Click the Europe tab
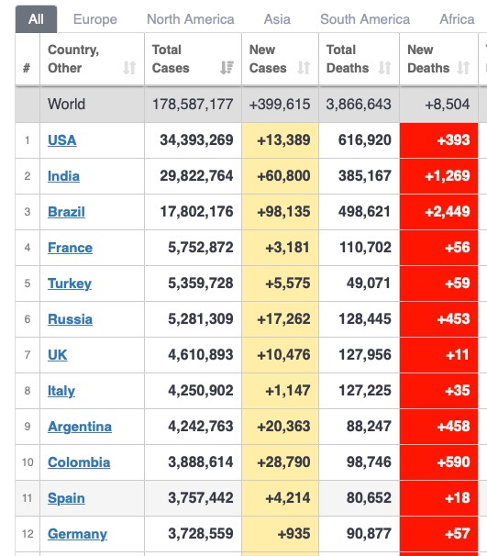(x=95, y=19)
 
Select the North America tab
(x=191, y=19)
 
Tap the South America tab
(x=365, y=19)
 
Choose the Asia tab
(x=277, y=19)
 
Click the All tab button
(x=36, y=19)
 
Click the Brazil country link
(x=66, y=212)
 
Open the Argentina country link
(x=80, y=427)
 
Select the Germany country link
(x=77, y=534)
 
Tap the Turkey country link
(x=70, y=284)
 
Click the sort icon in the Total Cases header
(x=227, y=67)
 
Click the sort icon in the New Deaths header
(x=463, y=67)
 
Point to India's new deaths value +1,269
(x=448, y=176)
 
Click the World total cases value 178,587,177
(x=193, y=105)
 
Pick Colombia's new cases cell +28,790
(x=283, y=462)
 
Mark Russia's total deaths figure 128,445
(x=365, y=318)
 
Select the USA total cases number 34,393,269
(x=196, y=140)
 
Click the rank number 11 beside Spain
(x=28, y=498)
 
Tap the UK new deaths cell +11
(x=458, y=354)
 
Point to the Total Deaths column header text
(x=348, y=59)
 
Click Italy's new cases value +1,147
(x=288, y=391)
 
